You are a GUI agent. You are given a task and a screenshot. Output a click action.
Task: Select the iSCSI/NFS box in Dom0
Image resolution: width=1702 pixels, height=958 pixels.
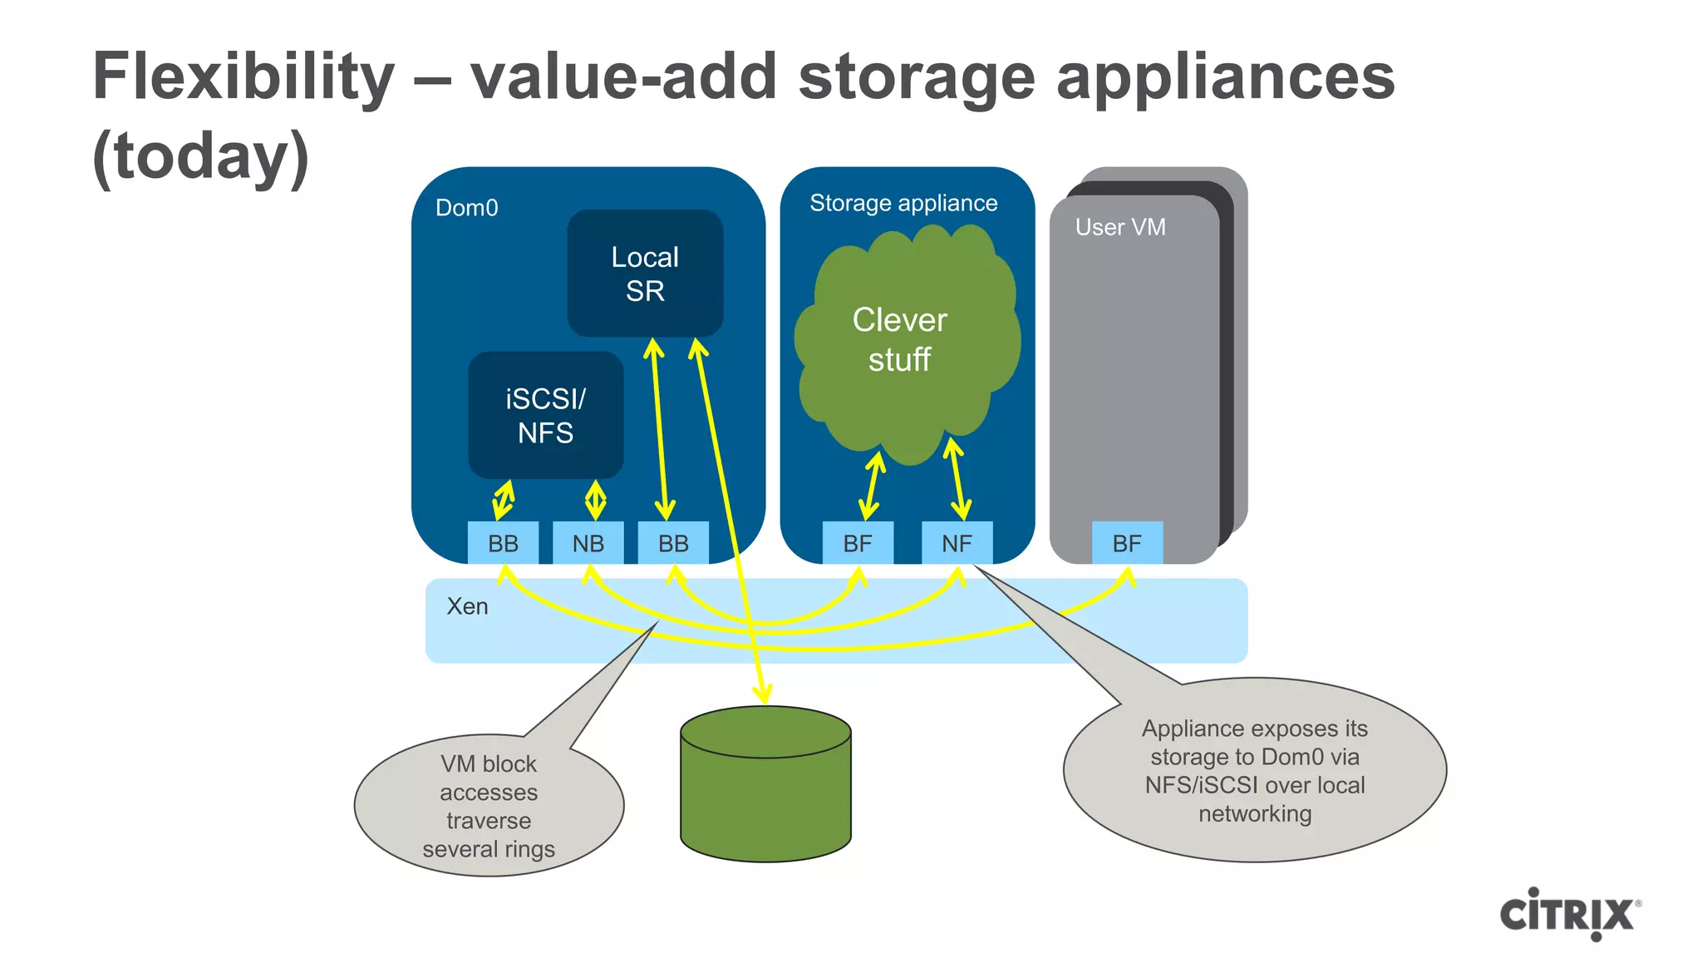tap(545, 415)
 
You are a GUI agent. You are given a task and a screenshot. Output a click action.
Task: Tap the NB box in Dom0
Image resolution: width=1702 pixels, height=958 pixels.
tap(588, 543)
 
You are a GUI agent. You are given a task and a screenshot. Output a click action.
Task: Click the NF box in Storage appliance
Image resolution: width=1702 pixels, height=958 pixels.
tap(957, 543)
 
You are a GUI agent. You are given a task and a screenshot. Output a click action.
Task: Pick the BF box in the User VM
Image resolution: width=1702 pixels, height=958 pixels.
tap(1127, 543)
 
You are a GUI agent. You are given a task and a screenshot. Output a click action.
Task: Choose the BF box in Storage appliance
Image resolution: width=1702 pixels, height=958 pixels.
tap(858, 543)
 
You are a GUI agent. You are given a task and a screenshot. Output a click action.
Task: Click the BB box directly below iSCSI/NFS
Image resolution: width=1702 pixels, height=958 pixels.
tap(503, 543)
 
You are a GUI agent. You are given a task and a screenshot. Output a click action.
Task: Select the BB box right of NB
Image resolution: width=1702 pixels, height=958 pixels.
tap(673, 543)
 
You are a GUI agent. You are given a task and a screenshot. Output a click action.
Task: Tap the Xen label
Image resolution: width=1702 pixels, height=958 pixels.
tap(467, 606)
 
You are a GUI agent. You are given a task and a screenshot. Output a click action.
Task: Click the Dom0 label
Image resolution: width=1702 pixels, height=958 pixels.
tap(466, 208)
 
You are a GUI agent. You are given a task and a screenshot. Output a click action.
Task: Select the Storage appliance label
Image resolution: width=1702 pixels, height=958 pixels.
tap(903, 203)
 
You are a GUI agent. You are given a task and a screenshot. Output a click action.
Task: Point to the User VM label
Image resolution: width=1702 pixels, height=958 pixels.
tap(1120, 227)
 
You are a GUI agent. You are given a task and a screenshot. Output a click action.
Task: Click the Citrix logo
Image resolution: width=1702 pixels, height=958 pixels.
tap(1569, 914)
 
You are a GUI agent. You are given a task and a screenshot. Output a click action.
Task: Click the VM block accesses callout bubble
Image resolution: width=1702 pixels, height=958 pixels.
tap(489, 806)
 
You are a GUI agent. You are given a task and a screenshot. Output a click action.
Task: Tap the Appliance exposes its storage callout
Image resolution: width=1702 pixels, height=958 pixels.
tap(1254, 771)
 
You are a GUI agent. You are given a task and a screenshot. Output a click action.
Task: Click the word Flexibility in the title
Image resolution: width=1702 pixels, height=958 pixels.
tap(243, 77)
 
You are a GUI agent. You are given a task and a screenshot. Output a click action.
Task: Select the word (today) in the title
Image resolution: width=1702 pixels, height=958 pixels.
tap(200, 156)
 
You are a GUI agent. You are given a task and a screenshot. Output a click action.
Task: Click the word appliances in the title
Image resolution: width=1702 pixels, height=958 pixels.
tap(1225, 77)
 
